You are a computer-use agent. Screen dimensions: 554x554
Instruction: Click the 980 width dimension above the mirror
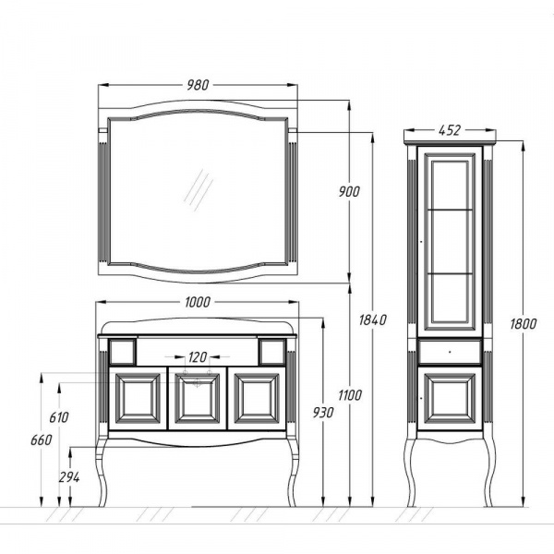[x=198, y=85]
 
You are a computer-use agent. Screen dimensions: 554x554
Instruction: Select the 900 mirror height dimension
[x=349, y=191]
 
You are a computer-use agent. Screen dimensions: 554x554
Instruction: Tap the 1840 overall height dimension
[x=373, y=319]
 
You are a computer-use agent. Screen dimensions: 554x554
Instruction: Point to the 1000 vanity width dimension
[x=198, y=302]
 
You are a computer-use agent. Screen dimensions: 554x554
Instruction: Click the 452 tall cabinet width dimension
[x=450, y=130]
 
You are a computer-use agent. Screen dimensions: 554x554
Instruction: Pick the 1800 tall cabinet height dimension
[x=524, y=324]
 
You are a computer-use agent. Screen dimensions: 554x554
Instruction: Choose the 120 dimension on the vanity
[x=198, y=356]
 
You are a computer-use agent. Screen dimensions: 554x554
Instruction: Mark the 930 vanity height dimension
[x=323, y=413]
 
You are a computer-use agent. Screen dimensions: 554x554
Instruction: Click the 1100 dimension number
[x=350, y=395]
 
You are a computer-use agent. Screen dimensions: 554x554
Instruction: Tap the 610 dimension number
[x=59, y=417]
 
